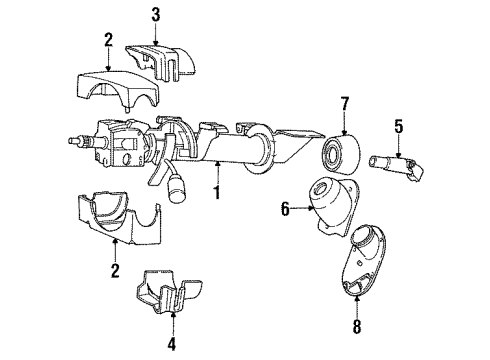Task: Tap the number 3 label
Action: coord(155,14)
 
